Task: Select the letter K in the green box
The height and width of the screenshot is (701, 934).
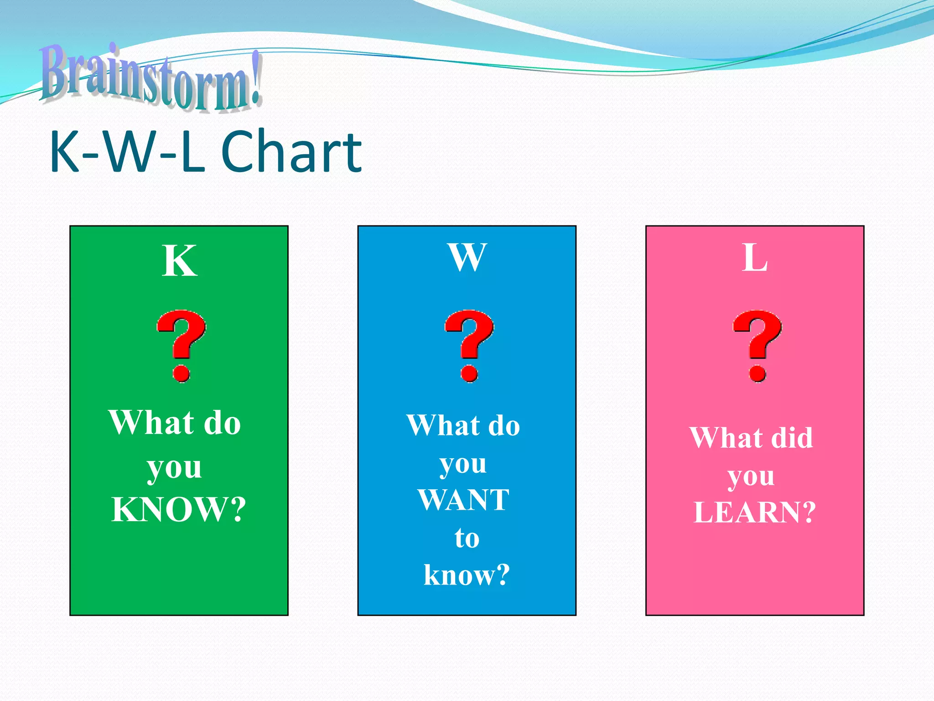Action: point(179,261)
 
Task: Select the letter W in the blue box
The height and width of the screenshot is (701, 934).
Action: point(467,258)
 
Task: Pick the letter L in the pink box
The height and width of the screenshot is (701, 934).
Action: point(755,258)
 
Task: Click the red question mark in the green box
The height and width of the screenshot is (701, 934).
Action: point(181,345)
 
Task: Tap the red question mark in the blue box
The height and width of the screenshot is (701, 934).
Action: point(469,345)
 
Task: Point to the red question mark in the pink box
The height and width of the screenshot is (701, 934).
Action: point(757,345)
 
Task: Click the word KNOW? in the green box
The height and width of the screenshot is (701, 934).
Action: point(179,509)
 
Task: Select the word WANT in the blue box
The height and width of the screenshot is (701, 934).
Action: point(463,500)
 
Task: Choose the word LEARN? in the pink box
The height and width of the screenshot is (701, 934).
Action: point(755,513)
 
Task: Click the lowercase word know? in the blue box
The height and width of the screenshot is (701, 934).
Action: point(467,575)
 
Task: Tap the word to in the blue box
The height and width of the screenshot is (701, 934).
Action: point(467,538)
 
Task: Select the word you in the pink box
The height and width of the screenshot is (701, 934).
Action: point(751,477)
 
